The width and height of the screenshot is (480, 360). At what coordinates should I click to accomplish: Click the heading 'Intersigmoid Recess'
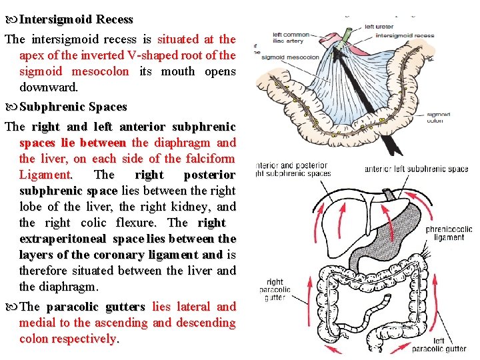(77, 20)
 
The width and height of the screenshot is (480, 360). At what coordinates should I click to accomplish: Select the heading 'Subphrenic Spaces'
(73, 107)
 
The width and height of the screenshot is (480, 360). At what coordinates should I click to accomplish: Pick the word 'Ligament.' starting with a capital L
(46, 175)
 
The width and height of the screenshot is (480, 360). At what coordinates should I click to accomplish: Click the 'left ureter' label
(379, 27)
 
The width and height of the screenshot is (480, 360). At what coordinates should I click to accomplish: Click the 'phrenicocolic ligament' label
(448, 234)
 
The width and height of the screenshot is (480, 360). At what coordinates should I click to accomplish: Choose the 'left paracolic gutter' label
(438, 345)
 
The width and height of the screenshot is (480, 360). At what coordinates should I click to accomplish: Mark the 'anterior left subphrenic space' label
(416, 169)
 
